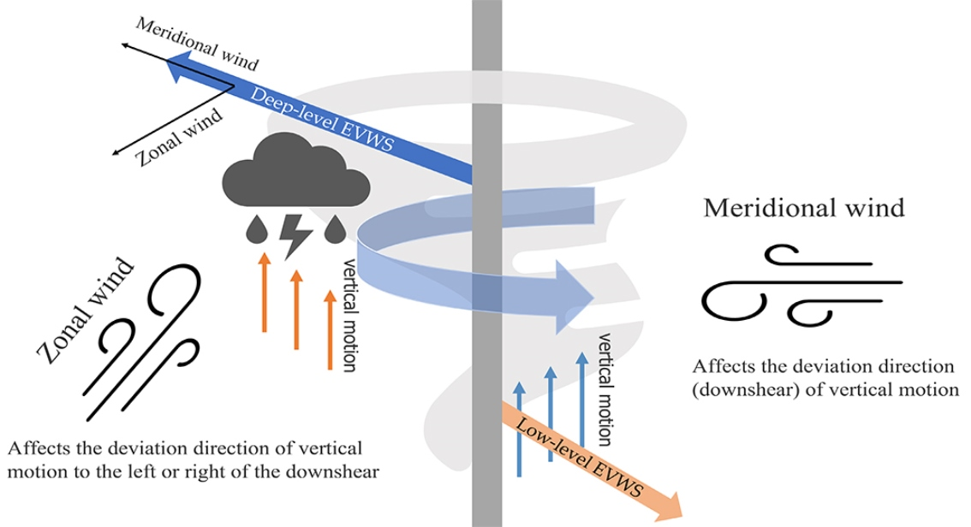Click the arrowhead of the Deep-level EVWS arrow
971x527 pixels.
(178, 66)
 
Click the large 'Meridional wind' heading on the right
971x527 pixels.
(803, 207)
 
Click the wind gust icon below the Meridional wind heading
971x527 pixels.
(801, 284)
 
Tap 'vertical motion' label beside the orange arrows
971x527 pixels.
(349, 314)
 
